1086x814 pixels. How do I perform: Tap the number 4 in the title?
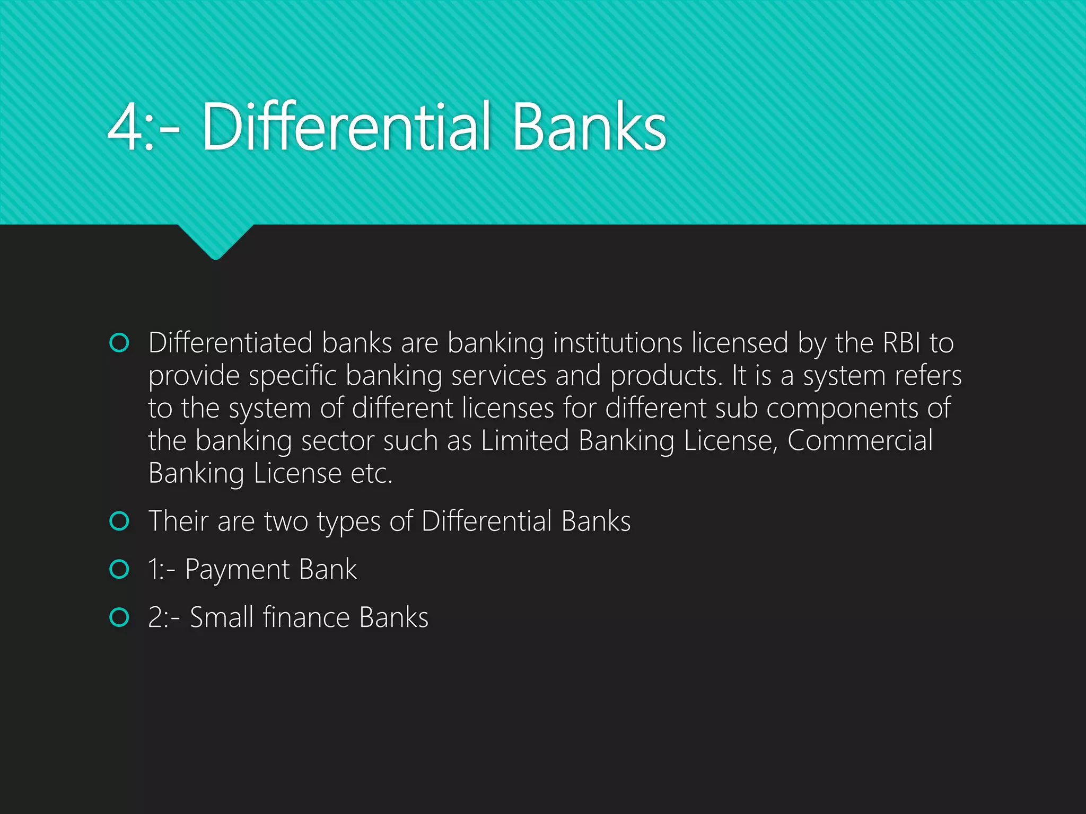(124, 127)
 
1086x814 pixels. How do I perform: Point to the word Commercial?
(860, 440)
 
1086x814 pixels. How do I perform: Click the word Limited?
(524, 440)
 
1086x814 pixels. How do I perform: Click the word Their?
(178, 521)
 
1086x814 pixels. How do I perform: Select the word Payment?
(237, 570)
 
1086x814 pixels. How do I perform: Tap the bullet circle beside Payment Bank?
(119, 570)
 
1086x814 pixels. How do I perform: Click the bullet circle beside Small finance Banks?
(119, 617)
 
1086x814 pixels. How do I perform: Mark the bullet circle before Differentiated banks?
(119, 343)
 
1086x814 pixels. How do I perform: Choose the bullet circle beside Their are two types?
(119, 521)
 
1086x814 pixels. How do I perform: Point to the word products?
(666, 376)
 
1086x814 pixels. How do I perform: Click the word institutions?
(617, 343)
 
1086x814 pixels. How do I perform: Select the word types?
(348, 522)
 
